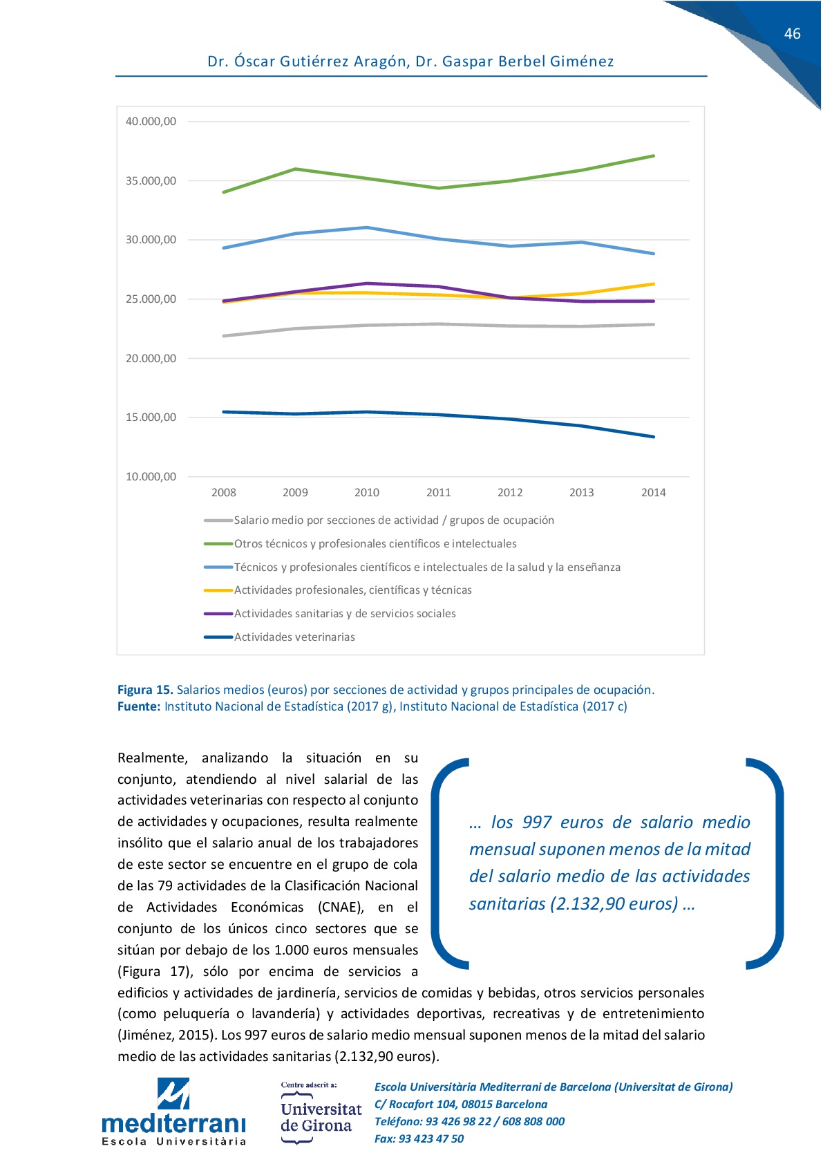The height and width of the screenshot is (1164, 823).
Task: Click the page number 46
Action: tap(792, 34)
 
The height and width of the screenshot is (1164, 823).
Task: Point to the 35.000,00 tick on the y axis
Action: tap(151, 181)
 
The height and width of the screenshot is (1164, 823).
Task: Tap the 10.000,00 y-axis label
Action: tap(151, 477)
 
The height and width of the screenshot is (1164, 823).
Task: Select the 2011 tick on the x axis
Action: tap(438, 493)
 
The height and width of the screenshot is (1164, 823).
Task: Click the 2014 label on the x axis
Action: tap(653, 493)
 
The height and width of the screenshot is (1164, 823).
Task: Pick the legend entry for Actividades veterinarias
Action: tap(294, 637)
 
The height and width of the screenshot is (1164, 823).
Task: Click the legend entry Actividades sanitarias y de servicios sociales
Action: tap(344, 614)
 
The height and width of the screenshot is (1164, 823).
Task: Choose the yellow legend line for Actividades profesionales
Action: tap(218, 590)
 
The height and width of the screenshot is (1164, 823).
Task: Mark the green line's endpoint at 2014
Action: tap(653, 156)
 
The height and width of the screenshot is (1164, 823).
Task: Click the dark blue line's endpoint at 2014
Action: tap(653, 437)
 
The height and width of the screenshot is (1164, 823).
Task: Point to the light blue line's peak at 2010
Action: tap(367, 227)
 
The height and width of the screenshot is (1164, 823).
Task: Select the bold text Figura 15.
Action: tap(145, 690)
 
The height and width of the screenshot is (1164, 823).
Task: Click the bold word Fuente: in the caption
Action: tap(139, 706)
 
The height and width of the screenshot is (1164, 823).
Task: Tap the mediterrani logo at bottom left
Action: tap(173, 1112)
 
